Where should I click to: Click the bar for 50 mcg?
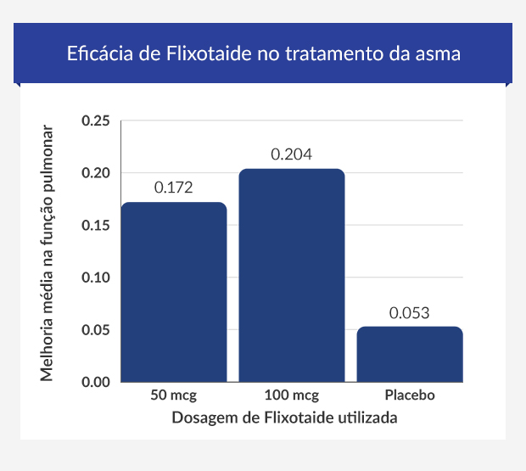coord(174,292)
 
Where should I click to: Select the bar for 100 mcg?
coord(292,275)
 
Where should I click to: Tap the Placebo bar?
coord(410,354)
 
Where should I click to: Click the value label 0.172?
coord(174,188)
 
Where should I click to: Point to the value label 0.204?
coord(292,154)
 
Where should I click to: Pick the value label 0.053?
coord(410,312)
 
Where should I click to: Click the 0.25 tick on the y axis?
coord(96,121)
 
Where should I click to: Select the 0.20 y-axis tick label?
coord(96,173)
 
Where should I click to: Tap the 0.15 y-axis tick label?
coord(96,226)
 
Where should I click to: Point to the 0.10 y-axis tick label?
coord(96,278)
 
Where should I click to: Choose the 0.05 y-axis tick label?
coord(96,330)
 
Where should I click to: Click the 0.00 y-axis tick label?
coord(96,382)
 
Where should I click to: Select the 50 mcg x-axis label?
coord(174,396)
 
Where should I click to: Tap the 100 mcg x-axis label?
coord(292,396)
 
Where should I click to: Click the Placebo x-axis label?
coord(410,396)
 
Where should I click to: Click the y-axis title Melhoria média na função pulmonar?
coord(48,252)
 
